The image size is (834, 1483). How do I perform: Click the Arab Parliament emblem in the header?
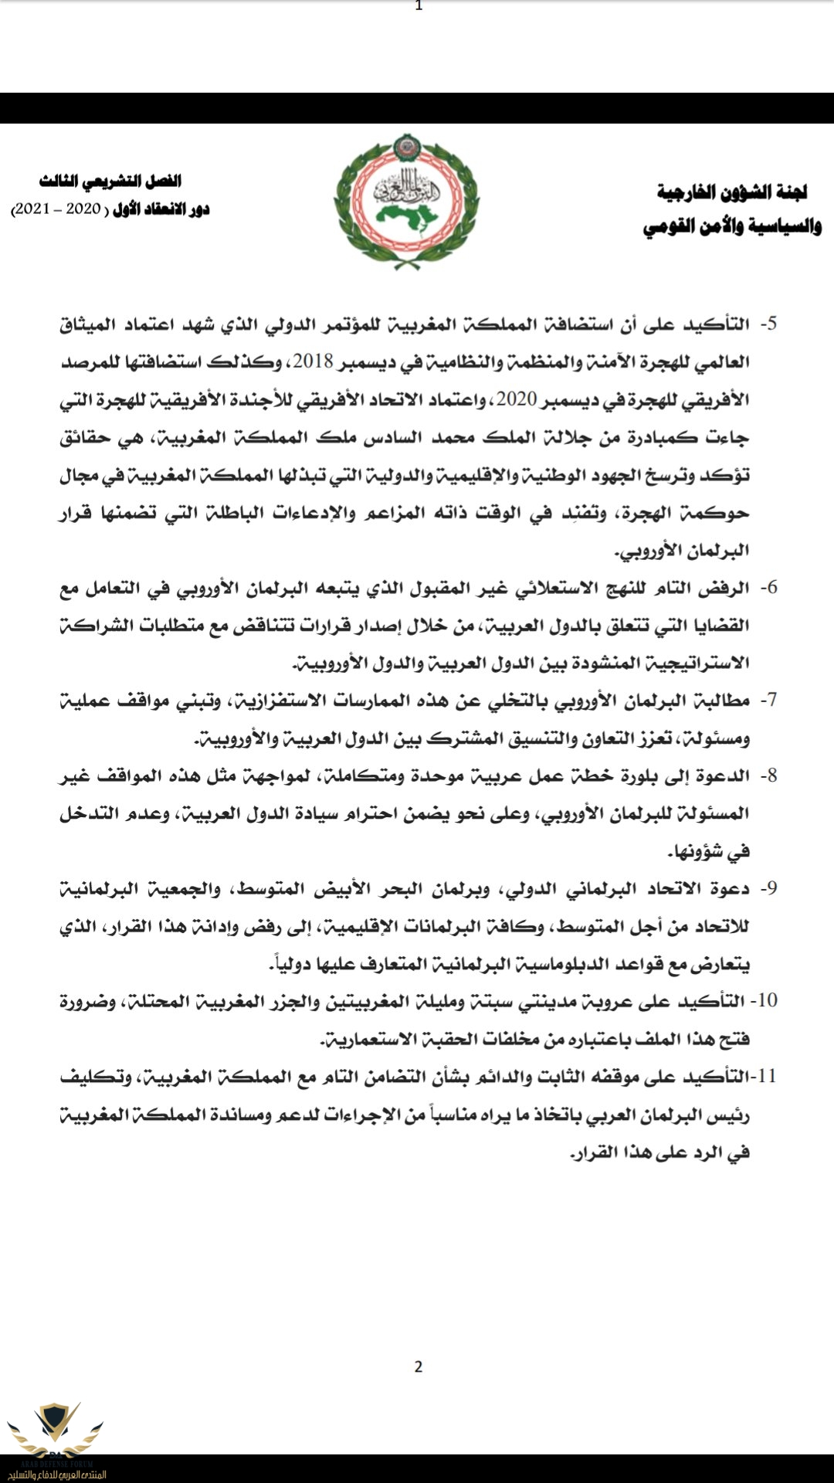[x=407, y=202]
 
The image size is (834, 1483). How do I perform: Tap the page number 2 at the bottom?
[x=419, y=1367]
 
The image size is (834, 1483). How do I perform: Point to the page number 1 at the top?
[x=419, y=6]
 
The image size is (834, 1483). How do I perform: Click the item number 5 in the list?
[x=768, y=324]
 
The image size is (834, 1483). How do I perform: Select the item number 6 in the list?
[x=768, y=588]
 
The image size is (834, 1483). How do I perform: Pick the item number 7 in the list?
[x=768, y=701]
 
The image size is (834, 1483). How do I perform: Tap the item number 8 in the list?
[x=768, y=775]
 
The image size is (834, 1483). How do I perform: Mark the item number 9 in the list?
[x=768, y=888]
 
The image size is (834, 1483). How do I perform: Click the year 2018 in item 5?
[x=312, y=361]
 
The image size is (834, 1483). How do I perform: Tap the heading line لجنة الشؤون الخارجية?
[x=731, y=192]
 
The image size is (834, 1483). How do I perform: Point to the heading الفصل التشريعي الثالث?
[x=110, y=182]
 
